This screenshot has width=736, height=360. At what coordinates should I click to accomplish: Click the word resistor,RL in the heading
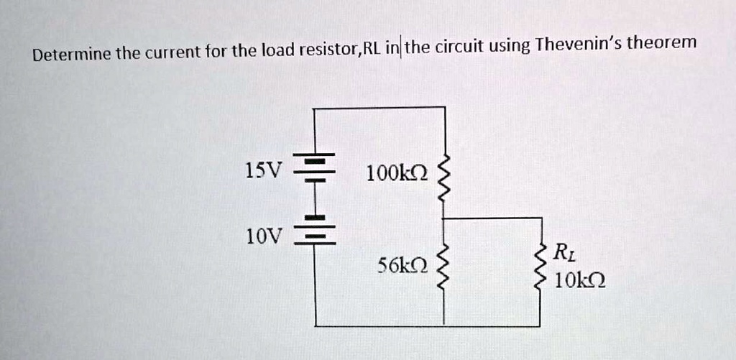point(339,50)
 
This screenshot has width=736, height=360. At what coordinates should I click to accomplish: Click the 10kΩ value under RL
point(579,280)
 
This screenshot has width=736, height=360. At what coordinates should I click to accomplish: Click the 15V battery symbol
point(315,170)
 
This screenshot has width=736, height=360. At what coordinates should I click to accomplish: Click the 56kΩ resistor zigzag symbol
point(444,269)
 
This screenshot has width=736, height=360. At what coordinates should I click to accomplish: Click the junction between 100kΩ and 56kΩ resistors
point(444,218)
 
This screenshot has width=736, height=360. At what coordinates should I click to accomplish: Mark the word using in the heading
point(510,47)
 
